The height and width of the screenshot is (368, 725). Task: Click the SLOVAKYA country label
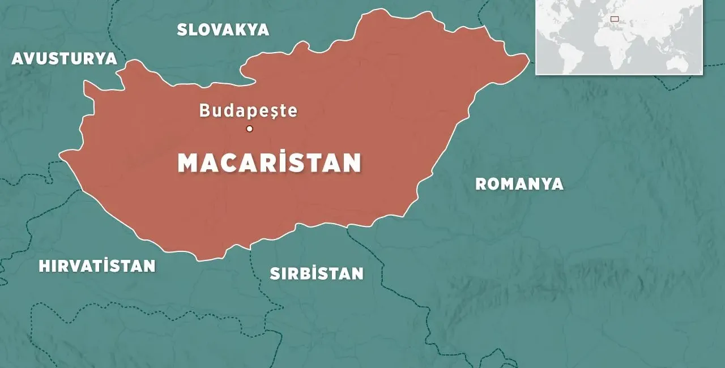point(223,30)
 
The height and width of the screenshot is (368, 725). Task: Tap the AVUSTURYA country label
point(64,59)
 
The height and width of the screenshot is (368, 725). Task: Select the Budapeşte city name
point(248,110)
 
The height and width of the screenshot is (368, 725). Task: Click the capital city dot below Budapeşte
point(249,129)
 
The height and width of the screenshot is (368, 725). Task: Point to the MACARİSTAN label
point(269,163)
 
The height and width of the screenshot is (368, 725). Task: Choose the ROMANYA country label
point(519,184)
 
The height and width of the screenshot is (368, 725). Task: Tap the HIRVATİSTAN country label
point(97,266)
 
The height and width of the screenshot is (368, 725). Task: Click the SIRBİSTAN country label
point(316,274)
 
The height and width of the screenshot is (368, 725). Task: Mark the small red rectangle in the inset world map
point(615,19)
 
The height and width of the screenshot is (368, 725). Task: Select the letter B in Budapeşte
point(205,110)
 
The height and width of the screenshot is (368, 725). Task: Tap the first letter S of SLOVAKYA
point(182,30)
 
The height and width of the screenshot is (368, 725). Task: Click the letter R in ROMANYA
point(481,184)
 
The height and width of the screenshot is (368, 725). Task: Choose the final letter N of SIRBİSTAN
point(356,274)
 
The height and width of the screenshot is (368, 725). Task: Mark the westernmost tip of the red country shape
point(59,153)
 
